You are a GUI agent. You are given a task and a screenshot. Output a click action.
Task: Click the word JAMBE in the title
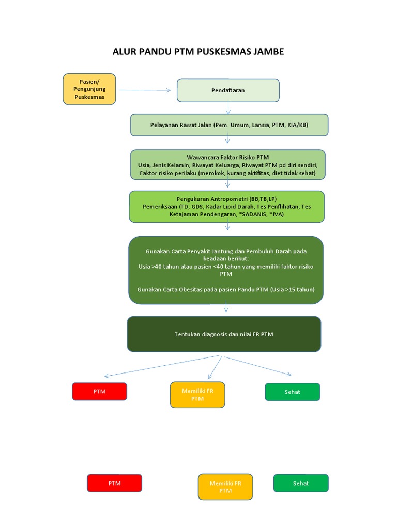[267, 52]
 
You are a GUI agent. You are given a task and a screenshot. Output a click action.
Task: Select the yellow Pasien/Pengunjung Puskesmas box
[89, 89]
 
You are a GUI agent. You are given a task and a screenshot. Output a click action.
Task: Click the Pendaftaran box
[228, 90]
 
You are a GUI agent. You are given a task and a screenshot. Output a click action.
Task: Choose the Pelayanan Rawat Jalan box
[229, 125]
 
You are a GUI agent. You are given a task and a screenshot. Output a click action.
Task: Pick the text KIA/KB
[297, 125]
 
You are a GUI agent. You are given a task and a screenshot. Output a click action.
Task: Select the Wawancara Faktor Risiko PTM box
[228, 165]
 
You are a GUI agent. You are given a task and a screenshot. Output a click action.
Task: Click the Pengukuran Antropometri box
[227, 207]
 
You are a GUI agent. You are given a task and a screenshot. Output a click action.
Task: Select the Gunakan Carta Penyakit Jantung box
[226, 270]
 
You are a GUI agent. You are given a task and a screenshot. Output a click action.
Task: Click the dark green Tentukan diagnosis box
[224, 334]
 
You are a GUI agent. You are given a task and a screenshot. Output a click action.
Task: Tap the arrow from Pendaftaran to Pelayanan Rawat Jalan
[228, 108]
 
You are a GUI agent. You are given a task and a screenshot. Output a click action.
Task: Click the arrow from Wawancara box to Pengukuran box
[228, 184]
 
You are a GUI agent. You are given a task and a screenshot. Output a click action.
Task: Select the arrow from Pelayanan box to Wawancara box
[228, 142]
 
